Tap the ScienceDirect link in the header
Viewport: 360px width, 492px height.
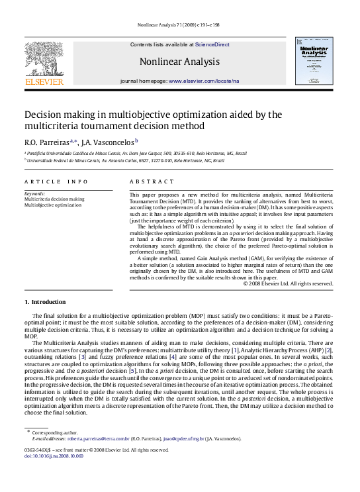click(212, 44)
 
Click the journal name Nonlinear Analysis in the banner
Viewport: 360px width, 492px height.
click(179, 62)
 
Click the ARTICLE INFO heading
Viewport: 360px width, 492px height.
click(56, 181)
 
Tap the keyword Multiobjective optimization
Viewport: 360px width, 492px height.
click(48, 205)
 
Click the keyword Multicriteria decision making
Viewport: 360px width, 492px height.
click(54, 199)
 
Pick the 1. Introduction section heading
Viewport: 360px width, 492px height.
click(44, 302)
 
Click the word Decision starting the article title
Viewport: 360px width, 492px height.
click(44, 115)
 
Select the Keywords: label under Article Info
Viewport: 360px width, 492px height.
click(35, 193)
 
